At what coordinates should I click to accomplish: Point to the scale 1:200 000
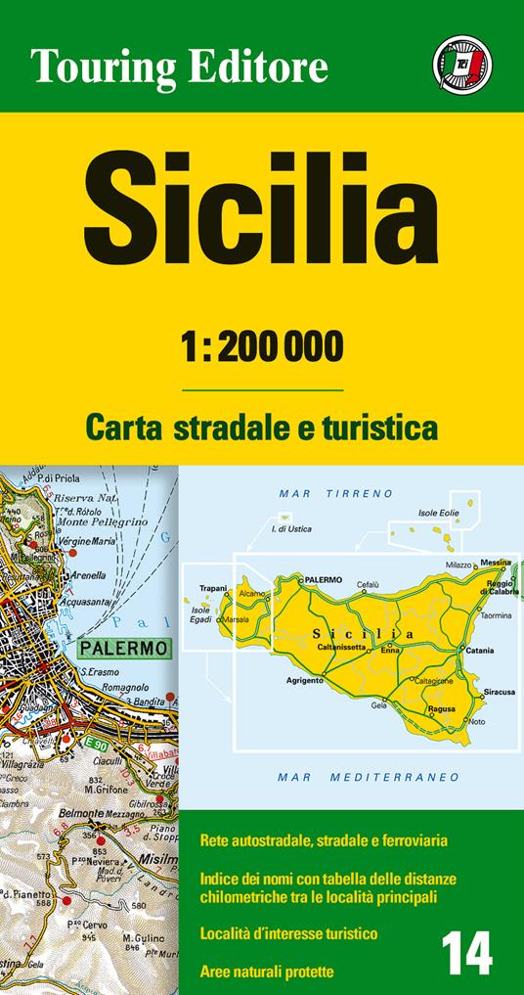pos(262,345)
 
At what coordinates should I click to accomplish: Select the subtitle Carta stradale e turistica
pos(261,427)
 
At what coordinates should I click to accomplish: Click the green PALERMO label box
pos(122,648)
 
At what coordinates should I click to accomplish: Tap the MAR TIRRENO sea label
pos(335,493)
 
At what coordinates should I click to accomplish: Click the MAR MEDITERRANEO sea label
pos(369,777)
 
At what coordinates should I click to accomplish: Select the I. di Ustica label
pos(292,530)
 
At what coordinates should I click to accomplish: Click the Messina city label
pos(495,563)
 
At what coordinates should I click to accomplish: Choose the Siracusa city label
pos(499,692)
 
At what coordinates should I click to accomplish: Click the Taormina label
pos(496,615)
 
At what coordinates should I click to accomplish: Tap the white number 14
pos(467,952)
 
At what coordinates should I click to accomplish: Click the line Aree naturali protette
pos(266,972)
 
